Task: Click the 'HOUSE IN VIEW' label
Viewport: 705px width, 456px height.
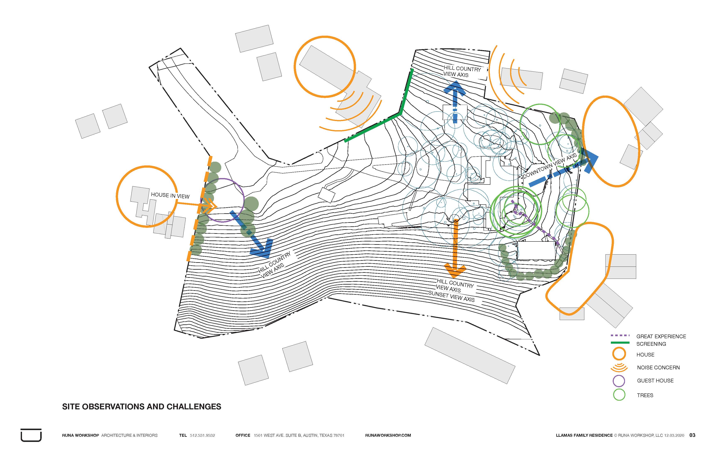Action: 170,195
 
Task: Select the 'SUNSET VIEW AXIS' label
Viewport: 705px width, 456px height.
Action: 451,296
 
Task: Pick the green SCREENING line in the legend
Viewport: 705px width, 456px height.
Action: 620,343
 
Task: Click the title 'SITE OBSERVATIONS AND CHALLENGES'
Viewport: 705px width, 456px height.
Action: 142,406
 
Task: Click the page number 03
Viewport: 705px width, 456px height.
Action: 692,435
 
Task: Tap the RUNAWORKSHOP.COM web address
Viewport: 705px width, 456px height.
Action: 388,435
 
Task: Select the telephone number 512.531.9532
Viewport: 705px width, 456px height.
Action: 202,435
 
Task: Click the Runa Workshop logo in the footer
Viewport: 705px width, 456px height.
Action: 31,435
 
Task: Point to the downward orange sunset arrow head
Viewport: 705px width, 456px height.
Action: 455,270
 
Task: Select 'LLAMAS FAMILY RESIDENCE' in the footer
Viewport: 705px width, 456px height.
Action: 584,435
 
